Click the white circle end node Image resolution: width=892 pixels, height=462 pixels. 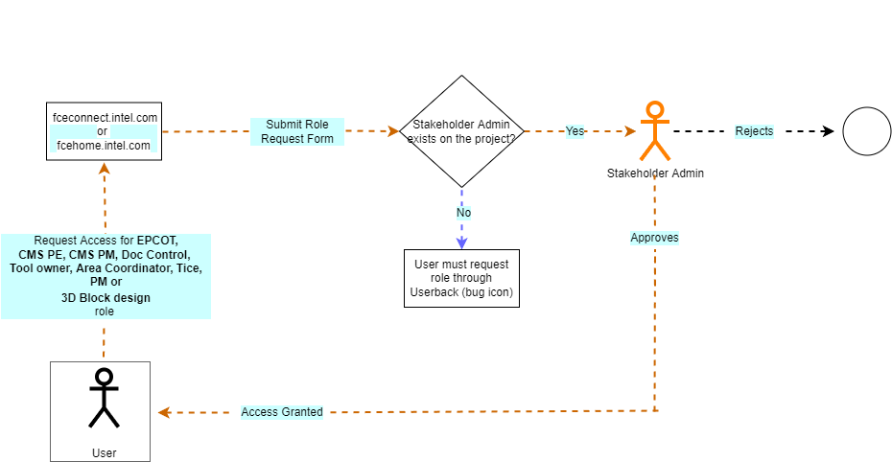[866, 131]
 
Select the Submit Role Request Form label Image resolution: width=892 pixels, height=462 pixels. [296, 131]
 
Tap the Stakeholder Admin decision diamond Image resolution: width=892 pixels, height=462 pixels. [461, 131]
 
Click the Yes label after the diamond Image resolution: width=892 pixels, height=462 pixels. [575, 131]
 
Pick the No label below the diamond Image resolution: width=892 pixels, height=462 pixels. [462, 213]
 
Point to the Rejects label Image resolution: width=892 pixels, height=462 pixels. [754, 131]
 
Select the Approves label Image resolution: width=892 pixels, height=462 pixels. [654, 237]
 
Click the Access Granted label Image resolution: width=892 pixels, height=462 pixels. [282, 412]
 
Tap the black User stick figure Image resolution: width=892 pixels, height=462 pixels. [104, 397]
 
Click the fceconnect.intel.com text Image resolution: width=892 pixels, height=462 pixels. [106, 117]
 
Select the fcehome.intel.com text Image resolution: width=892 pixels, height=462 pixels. [104, 146]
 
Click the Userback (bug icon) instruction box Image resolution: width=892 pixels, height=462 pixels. [461, 278]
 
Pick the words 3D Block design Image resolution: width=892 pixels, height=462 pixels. [106, 298]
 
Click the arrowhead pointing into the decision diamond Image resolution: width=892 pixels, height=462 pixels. [391, 131]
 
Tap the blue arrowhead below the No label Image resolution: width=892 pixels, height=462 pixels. [461, 243]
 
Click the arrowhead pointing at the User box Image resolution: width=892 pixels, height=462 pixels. [164, 412]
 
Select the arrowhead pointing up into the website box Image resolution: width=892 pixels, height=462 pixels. [105, 168]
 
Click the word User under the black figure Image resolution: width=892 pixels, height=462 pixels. [104, 452]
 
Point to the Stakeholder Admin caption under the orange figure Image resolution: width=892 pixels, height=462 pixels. [655, 173]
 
